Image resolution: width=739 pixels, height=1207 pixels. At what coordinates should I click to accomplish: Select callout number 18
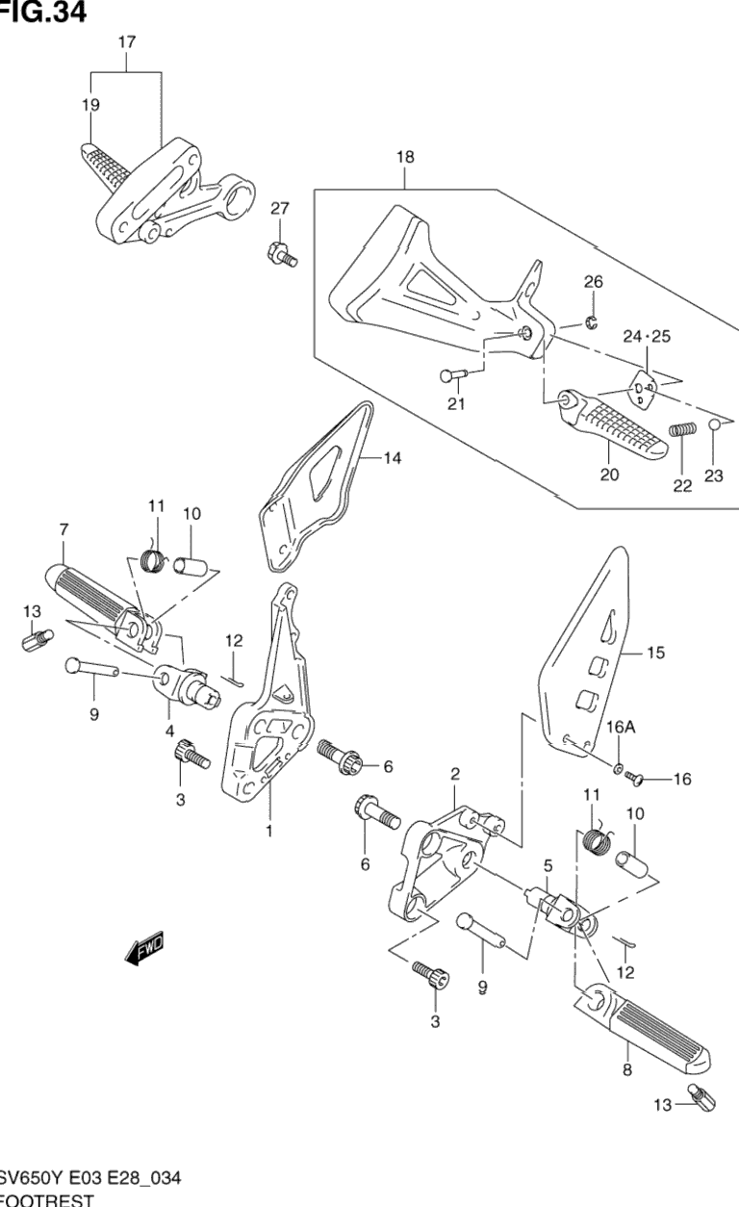pos(404,156)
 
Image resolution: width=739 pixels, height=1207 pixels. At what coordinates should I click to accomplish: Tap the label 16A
pos(622,729)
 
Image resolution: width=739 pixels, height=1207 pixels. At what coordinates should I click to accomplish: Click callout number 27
pos(279,209)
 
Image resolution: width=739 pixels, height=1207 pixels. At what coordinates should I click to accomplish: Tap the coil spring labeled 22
pos(681,444)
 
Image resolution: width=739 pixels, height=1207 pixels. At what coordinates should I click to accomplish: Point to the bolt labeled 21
pos(452,374)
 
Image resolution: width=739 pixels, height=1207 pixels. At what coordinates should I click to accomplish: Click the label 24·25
pos(647,337)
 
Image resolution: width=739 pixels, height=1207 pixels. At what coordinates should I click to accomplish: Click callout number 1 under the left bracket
pos(268,830)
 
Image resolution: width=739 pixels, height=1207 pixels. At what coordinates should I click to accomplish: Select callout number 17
pos(127,42)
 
